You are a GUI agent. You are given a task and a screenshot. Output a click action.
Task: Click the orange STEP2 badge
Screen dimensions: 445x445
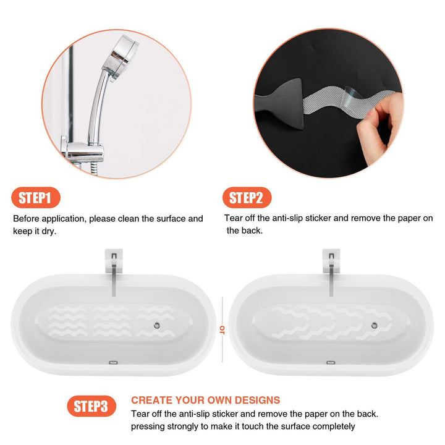pos(247,198)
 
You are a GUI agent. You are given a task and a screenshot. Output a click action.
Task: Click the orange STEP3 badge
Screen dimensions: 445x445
pos(91,406)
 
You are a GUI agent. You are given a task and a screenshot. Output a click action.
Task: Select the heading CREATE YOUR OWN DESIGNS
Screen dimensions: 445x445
pos(205,400)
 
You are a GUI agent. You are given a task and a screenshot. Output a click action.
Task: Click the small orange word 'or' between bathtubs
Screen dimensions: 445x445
pos(221,328)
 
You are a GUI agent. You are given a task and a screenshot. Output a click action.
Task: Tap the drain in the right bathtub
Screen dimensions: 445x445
pos(375,324)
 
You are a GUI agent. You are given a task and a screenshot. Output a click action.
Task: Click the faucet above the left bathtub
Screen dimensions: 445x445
pos(114,272)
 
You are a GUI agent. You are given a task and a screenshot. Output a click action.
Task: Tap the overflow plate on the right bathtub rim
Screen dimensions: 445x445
pos(330,364)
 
